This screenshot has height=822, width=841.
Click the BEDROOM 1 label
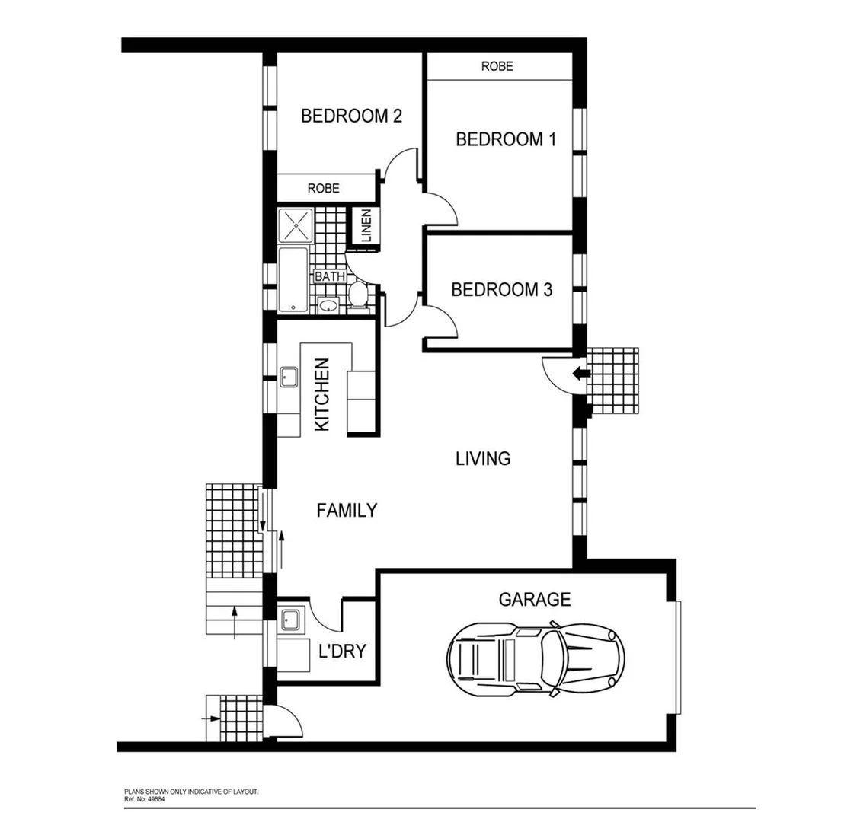coord(505,139)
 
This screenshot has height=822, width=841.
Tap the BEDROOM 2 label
coord(351,116)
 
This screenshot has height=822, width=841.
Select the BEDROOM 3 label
coord(501,290)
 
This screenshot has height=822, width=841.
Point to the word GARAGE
coord(534,600)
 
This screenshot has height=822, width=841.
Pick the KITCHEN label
coord(322,395)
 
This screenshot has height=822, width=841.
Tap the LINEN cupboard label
coord(366,226)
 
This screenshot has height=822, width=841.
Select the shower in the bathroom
coord(295,225)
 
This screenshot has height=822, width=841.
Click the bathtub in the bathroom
coord(294,280)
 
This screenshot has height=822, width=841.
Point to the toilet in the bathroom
coord(356,294)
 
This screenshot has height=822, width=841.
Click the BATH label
coord(330,277)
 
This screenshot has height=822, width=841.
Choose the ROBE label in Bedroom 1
coord(497,67)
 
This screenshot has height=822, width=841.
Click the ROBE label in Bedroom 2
coord(324,188)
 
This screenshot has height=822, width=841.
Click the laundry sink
coord(289,619)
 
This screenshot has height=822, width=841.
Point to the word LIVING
coord(483,459)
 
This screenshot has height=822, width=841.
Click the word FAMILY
coord(347,511)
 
